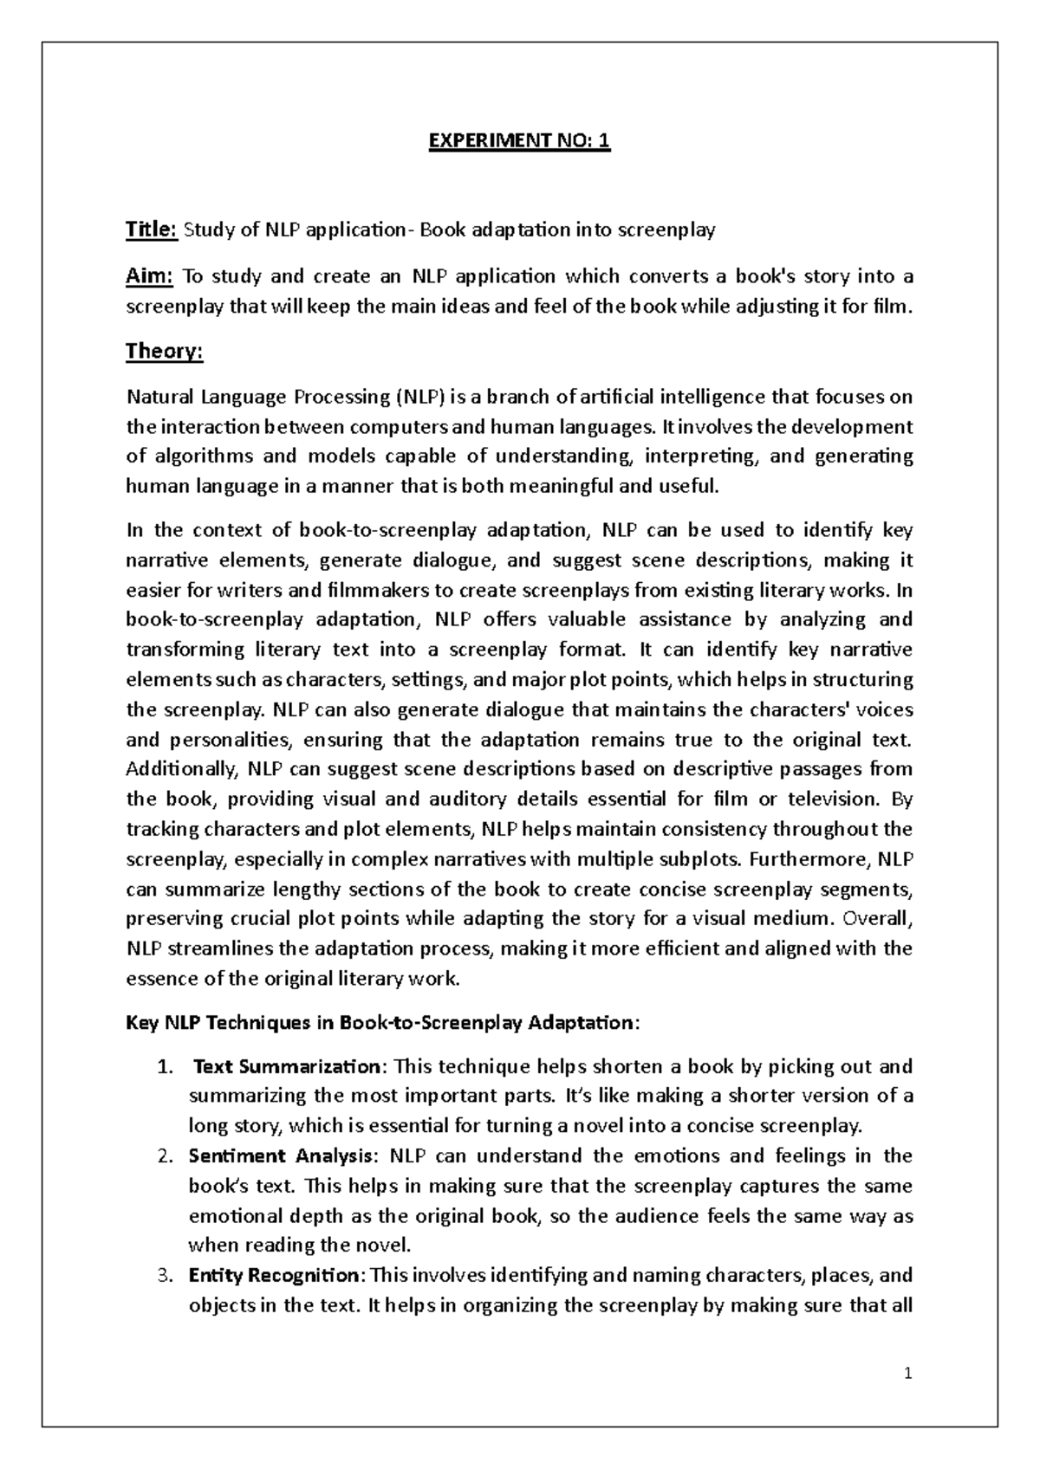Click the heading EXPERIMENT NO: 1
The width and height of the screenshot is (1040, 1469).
520,140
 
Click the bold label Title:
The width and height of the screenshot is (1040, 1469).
152,230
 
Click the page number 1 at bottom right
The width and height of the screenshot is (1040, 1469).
908,1373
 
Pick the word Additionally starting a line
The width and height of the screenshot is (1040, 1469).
182,769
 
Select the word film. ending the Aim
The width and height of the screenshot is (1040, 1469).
893,306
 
